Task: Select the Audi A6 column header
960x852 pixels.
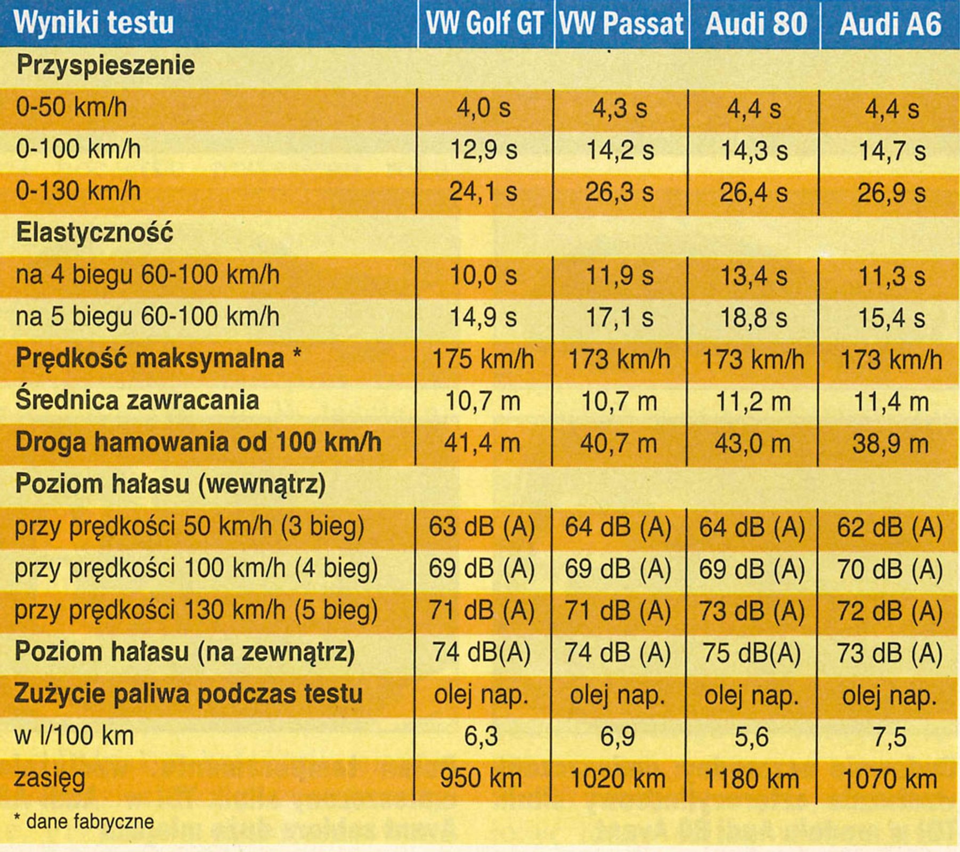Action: pos(890,24)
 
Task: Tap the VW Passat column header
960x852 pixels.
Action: pos(621,24)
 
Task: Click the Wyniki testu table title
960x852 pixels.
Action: pos(94,23)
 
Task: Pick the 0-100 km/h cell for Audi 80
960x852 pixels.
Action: pos(754,151)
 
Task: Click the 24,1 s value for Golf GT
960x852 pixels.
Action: pos(483,192)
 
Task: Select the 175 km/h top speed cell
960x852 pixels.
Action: pos(483,359)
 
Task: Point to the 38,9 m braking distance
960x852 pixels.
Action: pos(890,444)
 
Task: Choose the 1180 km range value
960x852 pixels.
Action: pos(752,780)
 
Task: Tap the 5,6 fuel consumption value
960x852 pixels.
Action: pos(752,738)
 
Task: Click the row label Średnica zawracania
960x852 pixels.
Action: pos(137,400)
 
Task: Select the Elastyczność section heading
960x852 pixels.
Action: pos(94,233)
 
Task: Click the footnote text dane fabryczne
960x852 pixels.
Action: pos(90,822)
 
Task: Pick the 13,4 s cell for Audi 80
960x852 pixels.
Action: pos(754,276)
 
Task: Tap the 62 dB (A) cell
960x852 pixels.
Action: pos(890,528)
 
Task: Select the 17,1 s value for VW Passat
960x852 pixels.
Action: pos(620,318)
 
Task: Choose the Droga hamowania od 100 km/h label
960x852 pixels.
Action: pos(198,443)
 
